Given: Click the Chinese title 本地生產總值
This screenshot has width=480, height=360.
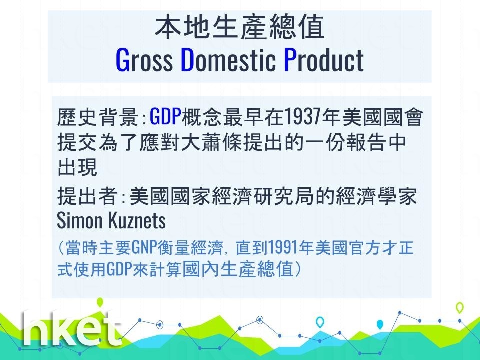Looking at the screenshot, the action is click(x=240, y=27).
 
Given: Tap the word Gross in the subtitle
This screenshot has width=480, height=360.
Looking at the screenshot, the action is click(x=144, y=60).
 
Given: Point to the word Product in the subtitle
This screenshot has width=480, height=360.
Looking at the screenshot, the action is click(x=324, y=60).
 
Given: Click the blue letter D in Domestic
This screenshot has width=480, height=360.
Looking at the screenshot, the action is click(x=188, y=60).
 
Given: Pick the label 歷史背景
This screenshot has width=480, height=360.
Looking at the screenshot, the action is click(x=98, y=117).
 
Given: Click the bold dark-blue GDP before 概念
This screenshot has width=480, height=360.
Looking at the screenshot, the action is click(x=165, y=117).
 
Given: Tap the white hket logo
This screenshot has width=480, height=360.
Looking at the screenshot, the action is click(x=72, y=329).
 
